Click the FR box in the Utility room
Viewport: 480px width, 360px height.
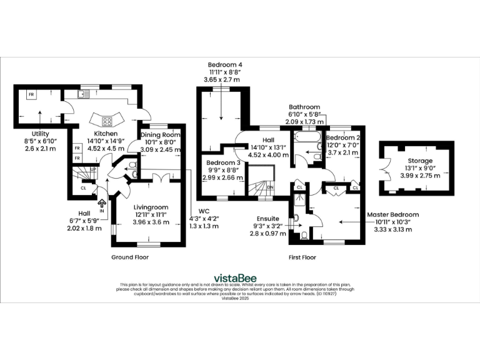tap(31, 94)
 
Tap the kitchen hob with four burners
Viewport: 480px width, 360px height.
tap(106, 121)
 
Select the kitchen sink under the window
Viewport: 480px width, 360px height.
tap(82, 94)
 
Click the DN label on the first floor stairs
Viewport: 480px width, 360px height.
tap(270, 187)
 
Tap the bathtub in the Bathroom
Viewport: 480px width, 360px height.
tap(306, 137)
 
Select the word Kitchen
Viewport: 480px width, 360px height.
tap(106, 134)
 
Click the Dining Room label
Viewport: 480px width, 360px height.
tap(160, 134)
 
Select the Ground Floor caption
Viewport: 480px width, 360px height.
tap(130, 257)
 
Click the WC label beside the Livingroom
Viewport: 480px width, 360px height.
tap(202, 211)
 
